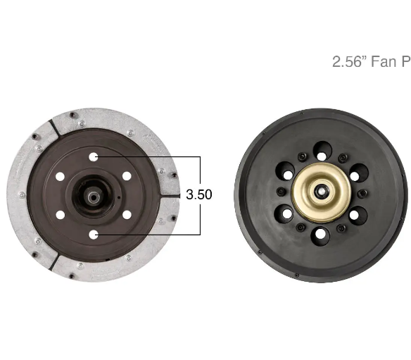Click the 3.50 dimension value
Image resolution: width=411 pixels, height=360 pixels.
[x=199, y=194]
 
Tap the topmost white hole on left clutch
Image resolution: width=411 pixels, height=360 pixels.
[x=94, y=157]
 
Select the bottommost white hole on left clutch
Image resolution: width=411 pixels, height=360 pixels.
[x=94, y=235]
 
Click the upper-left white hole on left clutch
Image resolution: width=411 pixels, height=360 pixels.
[x=60, y=177]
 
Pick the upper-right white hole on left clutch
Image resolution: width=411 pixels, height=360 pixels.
[x=127, y=176]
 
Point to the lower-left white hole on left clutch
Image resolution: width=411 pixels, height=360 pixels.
[x=61, y=215]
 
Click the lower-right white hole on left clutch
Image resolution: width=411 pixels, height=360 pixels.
[x=127, y=215]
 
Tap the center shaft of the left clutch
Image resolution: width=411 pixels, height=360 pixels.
[x=92, y=197]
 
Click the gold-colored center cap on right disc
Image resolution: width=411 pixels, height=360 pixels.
[x=321, y=192]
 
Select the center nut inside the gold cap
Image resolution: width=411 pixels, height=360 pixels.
[x=320, y=192]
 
